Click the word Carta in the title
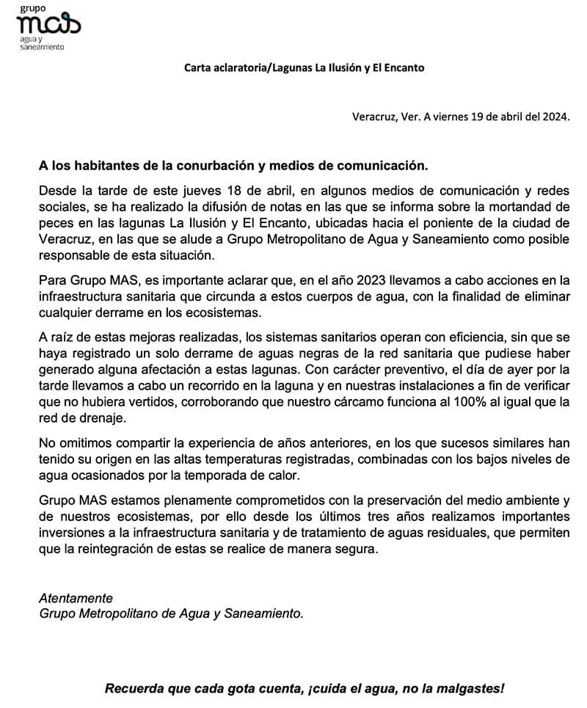(x=197, y=68)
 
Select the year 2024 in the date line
(x=553, y=116)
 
